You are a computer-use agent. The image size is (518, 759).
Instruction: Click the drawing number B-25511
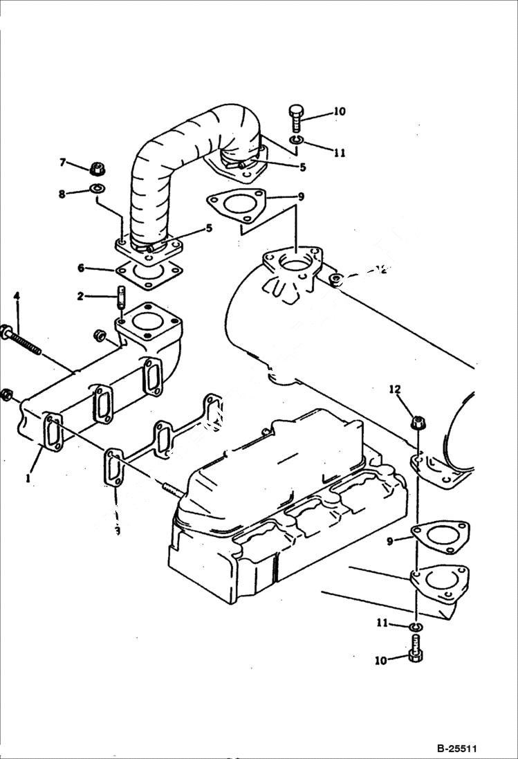coord(457,749)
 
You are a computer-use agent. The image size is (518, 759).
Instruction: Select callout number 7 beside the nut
coord(63,163)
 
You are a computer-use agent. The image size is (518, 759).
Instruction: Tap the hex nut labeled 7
coord(97,167)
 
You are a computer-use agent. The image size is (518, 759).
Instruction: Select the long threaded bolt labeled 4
coord(24,340)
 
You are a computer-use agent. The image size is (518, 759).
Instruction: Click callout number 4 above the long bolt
coord(17,296)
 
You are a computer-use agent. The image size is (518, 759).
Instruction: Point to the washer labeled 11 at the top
coord(295,142)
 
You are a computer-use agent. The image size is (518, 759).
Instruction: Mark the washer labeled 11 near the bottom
coord(415,627)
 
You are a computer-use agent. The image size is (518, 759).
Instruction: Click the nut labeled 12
coord(417,421)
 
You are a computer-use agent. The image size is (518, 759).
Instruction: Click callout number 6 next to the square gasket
coord(80,268)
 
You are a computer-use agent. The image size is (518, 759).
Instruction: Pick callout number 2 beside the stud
coord(80,296)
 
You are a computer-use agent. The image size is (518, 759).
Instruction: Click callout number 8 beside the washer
coord(63,194)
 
